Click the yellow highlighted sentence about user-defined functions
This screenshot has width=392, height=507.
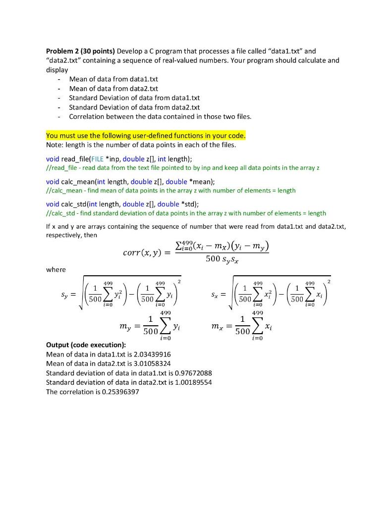tap(145, 136)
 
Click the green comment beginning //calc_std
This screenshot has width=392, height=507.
tap(186, 213)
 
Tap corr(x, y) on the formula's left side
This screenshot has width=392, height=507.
tap(141, 253)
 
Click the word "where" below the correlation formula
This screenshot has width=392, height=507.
tap(56, 269)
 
